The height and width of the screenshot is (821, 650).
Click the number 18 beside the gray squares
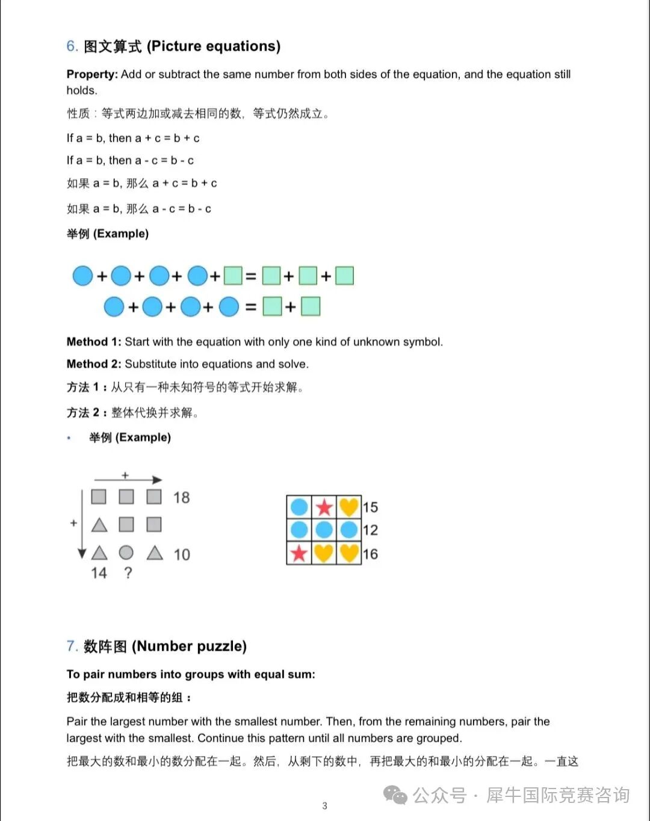tap(181, 498)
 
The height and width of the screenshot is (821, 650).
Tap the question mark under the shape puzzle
tap(128, 573)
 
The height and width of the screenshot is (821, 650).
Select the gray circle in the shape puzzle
tap(126, 553)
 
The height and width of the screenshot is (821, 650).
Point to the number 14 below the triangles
tap(99, 573)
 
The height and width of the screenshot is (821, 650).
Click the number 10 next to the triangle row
tap(181, 554)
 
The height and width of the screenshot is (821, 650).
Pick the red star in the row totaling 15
tap(324, 507)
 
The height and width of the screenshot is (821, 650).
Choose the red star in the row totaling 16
tap(299, 553)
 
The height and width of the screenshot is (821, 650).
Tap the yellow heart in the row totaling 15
tap(348, 507)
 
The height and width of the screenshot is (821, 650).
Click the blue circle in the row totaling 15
tap(299, 507)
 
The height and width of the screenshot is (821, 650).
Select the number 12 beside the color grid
tap(370, 530)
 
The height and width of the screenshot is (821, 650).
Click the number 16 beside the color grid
tap(370, 554)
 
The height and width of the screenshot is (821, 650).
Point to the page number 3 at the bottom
tap(325, 806)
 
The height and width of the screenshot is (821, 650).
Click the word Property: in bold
tap(92, 74)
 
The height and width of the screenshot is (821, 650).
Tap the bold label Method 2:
tap(94, 364)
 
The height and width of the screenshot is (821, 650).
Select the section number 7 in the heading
tap(71, 646)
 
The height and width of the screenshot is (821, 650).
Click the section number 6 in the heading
tap(71, 46)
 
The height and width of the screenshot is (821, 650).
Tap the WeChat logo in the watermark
tap(395, 795)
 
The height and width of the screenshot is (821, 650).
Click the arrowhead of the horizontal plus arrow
tap(158, 480)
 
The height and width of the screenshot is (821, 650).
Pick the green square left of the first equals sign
tap(233, 276)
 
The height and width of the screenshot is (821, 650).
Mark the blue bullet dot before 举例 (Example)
tap(69, 438)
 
